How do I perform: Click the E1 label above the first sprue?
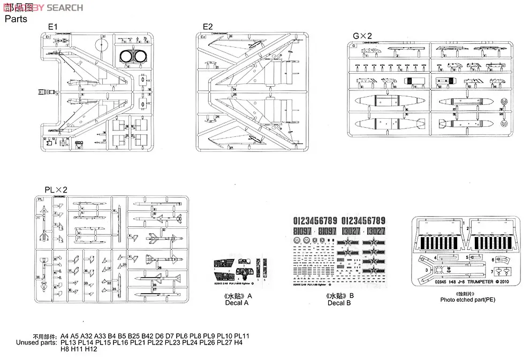tap(52, 26)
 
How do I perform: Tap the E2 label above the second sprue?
tap(208, 26)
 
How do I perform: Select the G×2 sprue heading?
tap(362, 36)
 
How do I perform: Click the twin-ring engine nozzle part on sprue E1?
tap(132, 56)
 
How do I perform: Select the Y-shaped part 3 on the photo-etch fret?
tap(431, 267)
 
